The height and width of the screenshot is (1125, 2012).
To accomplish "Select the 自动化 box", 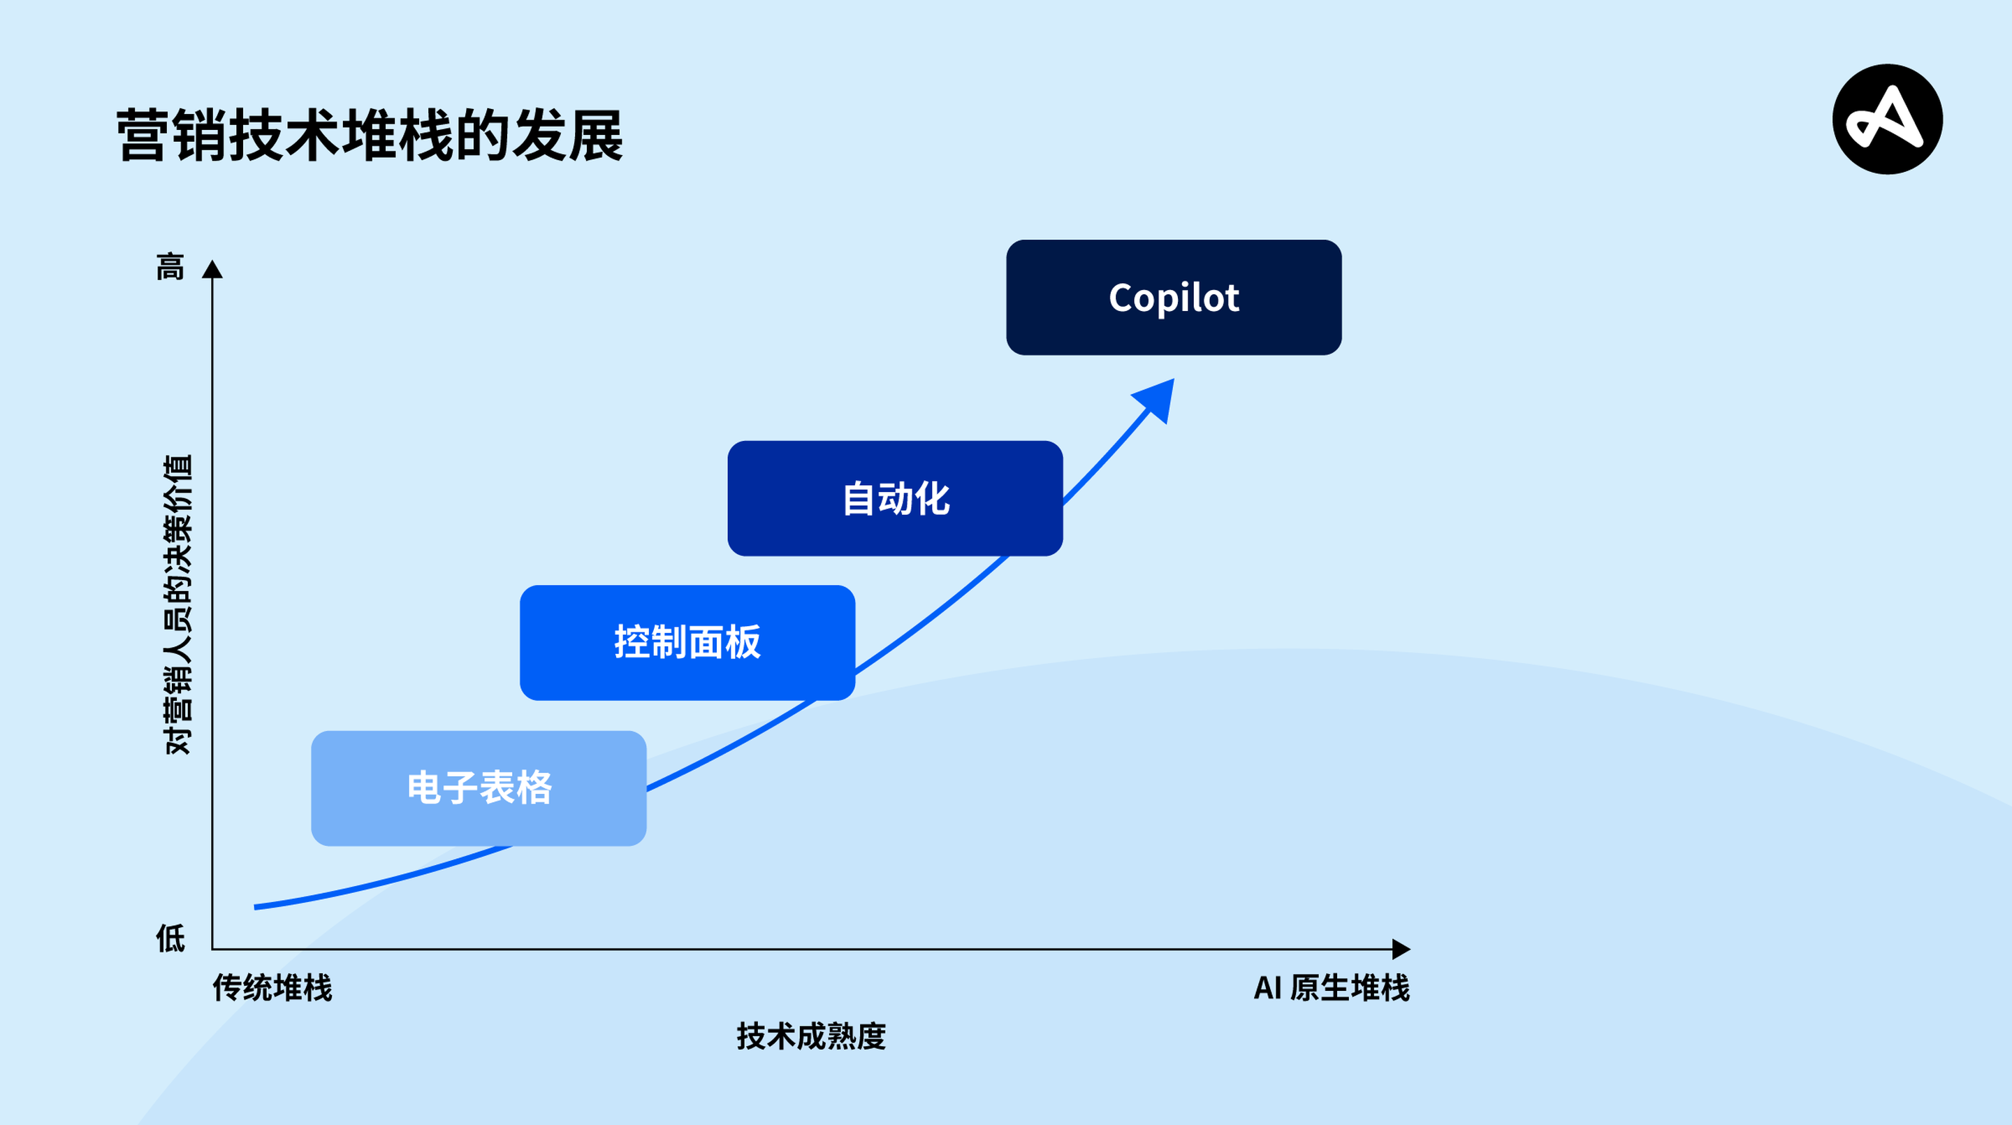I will [895, 498].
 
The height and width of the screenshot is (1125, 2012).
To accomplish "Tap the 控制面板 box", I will [687, 642].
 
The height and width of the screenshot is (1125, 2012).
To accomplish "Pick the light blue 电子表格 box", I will [479, 787].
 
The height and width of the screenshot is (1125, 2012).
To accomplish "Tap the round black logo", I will [1887, 119].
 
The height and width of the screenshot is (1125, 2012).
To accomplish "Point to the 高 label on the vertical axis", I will [170, 266].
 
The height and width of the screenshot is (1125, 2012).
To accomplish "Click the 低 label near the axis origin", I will [170, 938].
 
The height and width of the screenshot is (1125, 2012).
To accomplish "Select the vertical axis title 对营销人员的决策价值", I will [178, 604].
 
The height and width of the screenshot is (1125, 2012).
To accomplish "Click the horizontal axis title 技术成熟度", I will [810, 1036].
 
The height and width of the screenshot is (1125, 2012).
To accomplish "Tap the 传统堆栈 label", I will [272, 987].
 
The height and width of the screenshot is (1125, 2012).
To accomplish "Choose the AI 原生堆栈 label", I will [1332, 987].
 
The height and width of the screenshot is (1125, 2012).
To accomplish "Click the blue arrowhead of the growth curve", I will [1157, 398].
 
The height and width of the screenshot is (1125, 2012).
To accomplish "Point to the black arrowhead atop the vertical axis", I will [212, 270].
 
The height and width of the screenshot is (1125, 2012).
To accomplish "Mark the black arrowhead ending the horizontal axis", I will [1401, 949].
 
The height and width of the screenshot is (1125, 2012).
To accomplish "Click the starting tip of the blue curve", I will [257, 907].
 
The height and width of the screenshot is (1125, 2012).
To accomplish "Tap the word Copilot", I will [1173, 298].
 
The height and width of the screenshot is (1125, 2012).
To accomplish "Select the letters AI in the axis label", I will [1267, 987].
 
